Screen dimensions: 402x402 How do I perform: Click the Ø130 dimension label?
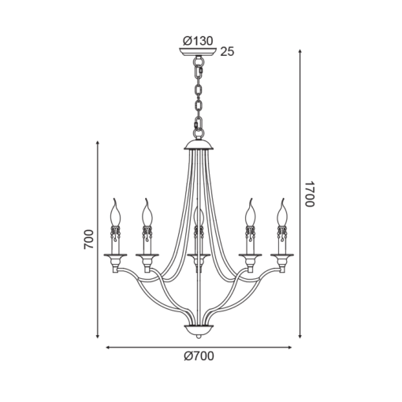[x=198, y=41]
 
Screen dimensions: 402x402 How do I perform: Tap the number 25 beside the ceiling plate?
[x=227, y=52]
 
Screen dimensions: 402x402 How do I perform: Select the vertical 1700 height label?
[x=310, y=194]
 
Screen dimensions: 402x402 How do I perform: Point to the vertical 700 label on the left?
[x=88, y=240]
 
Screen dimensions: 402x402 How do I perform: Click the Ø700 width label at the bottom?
[x=199, y=356]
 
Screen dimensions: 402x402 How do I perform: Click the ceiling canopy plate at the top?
[x=198, y=51]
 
